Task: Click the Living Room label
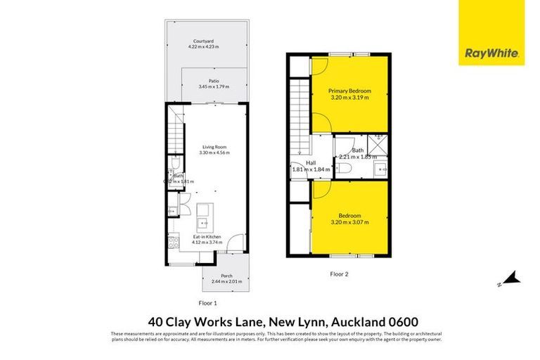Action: click(x=214, y=147)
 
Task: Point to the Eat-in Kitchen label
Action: click(x=208, y=238)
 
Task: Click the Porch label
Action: click(x=226, y=276)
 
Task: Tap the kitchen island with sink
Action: click(x=205, y=217)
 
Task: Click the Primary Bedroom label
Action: click(x=349, y=91)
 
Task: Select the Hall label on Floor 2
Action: click(x=310, y=162)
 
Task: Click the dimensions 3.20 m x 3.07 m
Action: click(x=349, y=221)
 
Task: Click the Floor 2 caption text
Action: click(x=340, y=274)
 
